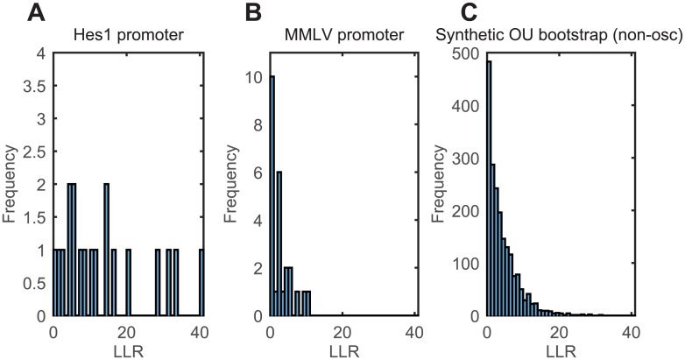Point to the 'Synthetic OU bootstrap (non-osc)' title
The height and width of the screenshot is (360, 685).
coord(561,37)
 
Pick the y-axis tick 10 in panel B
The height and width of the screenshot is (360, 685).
coord(256,77)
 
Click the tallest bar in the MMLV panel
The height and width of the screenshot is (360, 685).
coord(272,196)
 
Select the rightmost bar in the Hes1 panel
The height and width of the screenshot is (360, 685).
coord(201,282)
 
